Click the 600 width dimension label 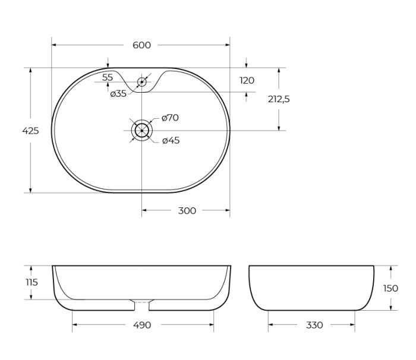141,45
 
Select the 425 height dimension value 30,131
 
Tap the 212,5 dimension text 278,99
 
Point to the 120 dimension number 247,81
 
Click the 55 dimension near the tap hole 108,77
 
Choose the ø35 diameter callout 118,93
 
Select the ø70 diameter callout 170,118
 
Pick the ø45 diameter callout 171,141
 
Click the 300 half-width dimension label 187,210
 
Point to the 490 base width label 142,325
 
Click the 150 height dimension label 390,288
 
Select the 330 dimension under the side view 314,325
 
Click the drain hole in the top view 141,130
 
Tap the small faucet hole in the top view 141,81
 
